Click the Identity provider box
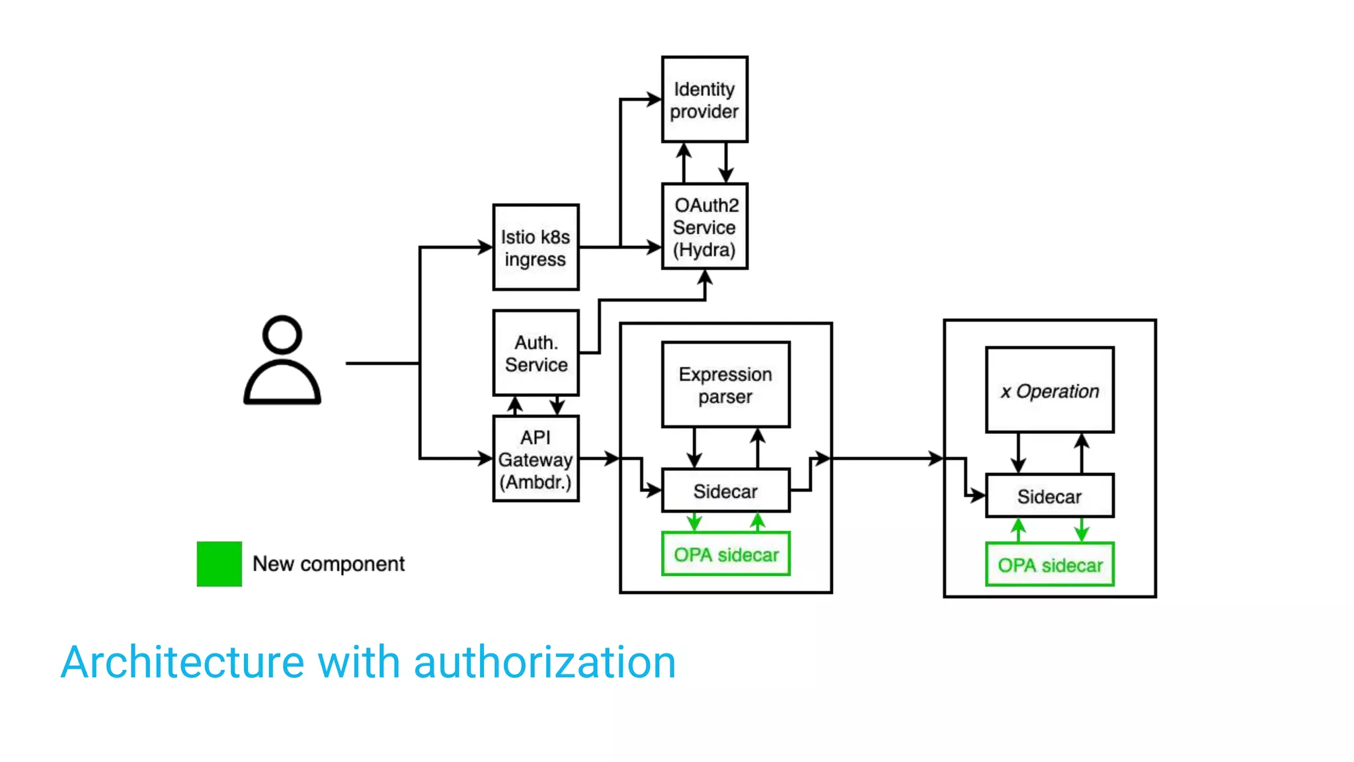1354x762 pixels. [704, 99]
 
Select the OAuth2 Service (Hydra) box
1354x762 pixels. [704, 226]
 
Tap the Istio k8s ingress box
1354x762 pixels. [536, 247]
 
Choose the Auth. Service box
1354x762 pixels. [536, 353]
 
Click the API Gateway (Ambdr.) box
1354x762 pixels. [536, 459]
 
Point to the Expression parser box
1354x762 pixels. [725, 385]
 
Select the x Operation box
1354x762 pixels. [1049, 390]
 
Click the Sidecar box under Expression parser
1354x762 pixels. [725, 491]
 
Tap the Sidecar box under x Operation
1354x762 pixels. [1049, 496]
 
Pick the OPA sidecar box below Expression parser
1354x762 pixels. [725, 554]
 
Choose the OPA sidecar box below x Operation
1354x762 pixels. [1049, 565]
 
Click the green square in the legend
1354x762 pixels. [219, 564]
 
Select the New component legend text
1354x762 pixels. [329, 564]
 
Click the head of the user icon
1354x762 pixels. [282, 334]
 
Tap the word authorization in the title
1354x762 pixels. [544, 662]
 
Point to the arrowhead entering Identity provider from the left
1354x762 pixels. [655, 99]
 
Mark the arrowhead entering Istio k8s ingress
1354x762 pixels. [486, 247]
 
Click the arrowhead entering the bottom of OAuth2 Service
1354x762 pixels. [705, 276]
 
